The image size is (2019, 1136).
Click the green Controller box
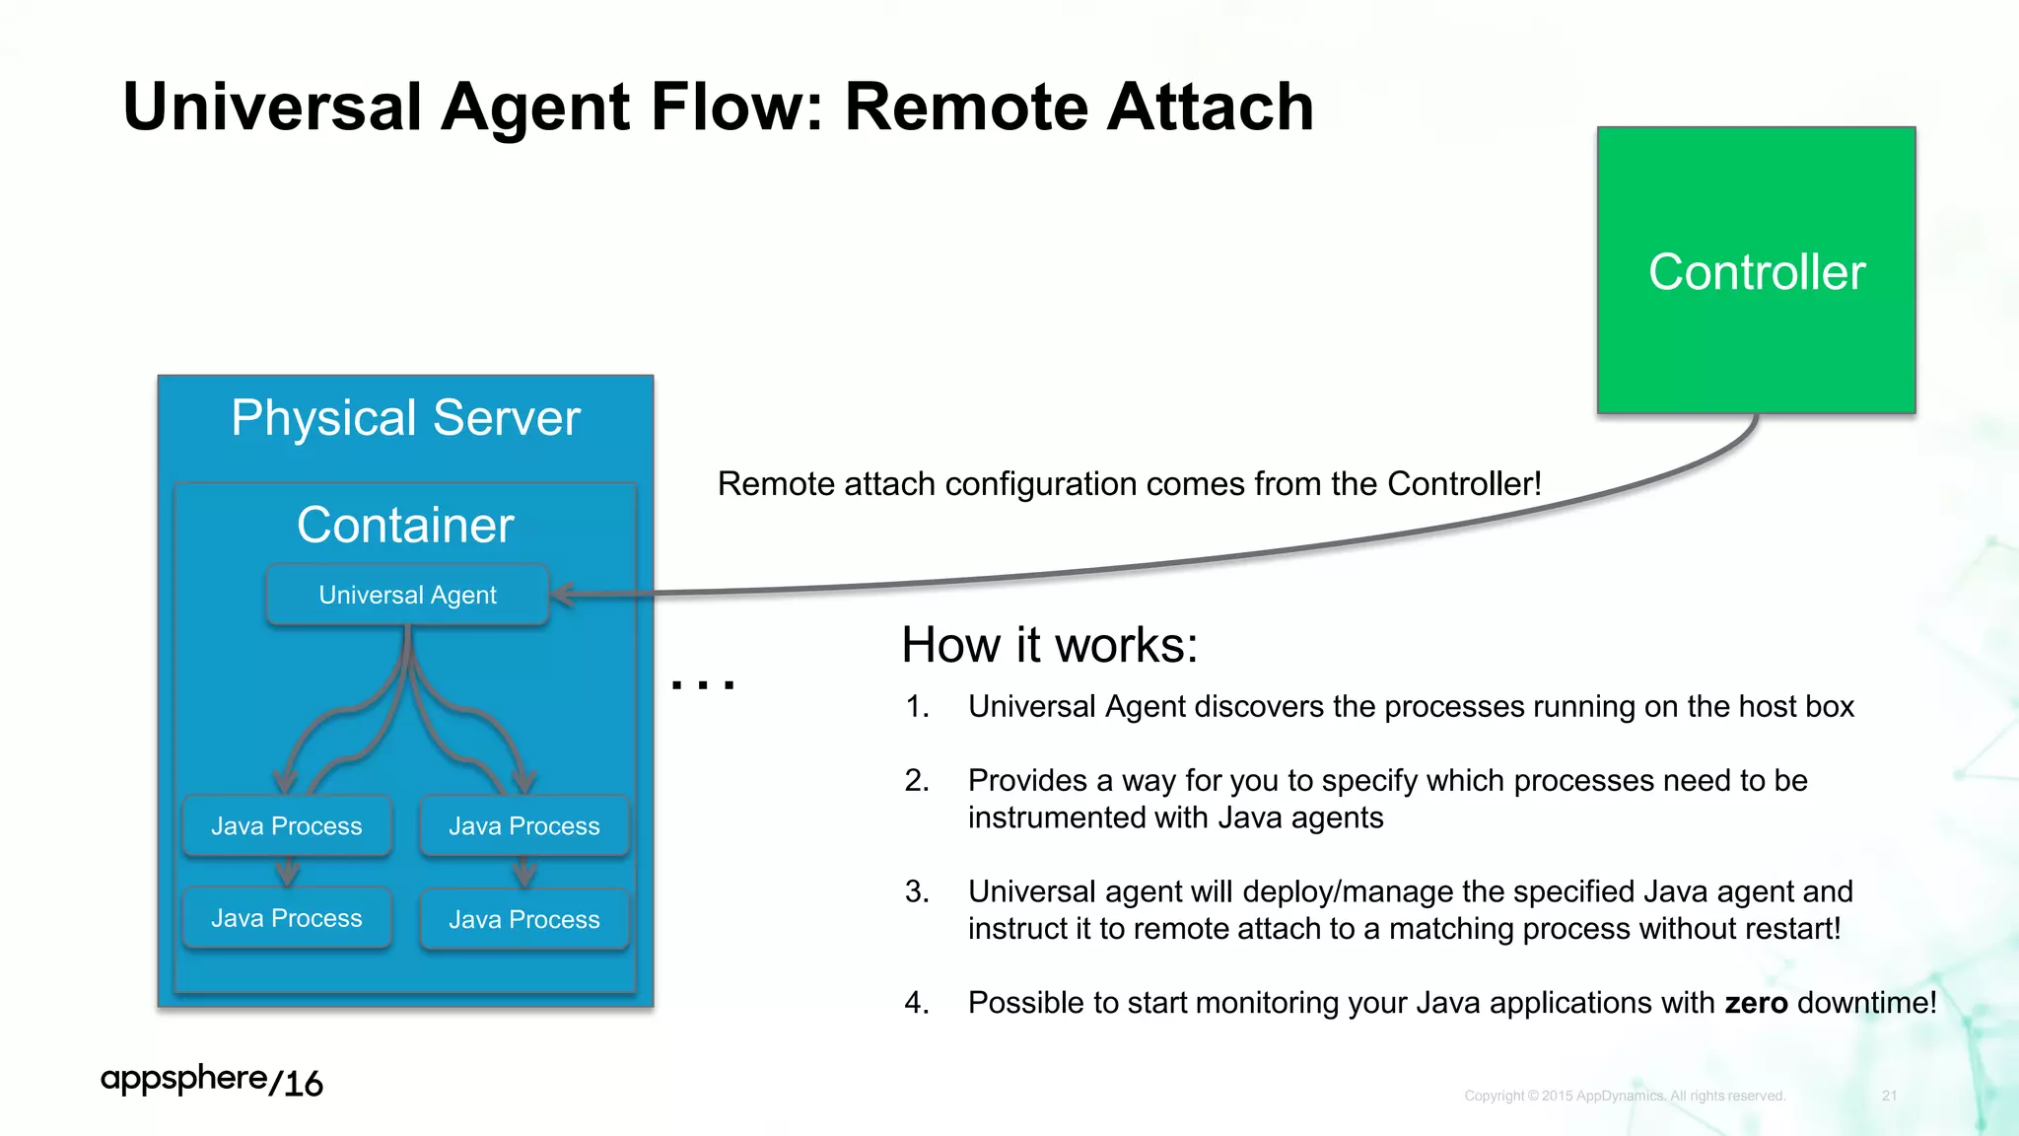pos(1756,270)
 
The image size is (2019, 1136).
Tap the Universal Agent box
pos(407,595)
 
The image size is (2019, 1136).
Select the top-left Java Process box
pos(287,825)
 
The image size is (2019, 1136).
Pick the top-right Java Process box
pos(524,825)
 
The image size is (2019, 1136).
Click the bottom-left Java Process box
pos(287,918)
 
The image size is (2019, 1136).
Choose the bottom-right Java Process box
pos(524,919)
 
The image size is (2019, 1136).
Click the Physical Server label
pos(405,418)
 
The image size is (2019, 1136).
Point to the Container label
pos(405,525)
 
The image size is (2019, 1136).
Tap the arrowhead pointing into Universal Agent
pos(562,594)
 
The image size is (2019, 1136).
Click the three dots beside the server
pos(703,683)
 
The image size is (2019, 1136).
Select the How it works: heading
pos(1049,645)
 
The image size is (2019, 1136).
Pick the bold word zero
pos(1756,1003)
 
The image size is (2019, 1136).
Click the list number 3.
pos(916,891)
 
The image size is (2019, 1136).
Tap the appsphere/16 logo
pos(211,1080)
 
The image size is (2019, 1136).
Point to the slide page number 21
pos(1889,1096)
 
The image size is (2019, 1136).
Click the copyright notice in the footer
pos(1625,1096)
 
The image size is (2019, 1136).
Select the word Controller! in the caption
pos(1464,484)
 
